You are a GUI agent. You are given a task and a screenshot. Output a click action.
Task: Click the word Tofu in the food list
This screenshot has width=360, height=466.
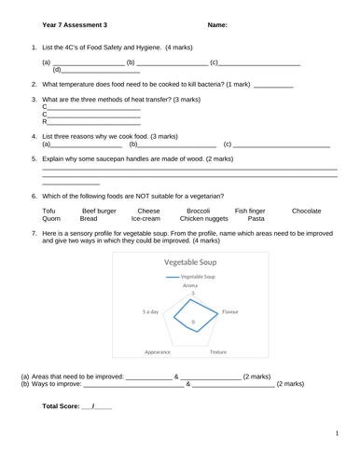coord(50,212)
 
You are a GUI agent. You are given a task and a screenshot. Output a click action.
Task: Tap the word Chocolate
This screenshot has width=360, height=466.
coord(306,212)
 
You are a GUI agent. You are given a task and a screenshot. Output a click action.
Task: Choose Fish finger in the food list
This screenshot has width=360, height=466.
coord(250,212)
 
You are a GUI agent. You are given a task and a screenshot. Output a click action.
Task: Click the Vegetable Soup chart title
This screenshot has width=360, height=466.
coord(192,262)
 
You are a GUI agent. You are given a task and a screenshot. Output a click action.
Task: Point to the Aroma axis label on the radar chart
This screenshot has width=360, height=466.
coord(192,285)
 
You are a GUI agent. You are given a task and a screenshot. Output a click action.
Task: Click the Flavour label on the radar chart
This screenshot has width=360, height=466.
coord(229,311)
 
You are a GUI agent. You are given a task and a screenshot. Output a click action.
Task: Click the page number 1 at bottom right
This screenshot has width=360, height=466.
coord(336,434)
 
